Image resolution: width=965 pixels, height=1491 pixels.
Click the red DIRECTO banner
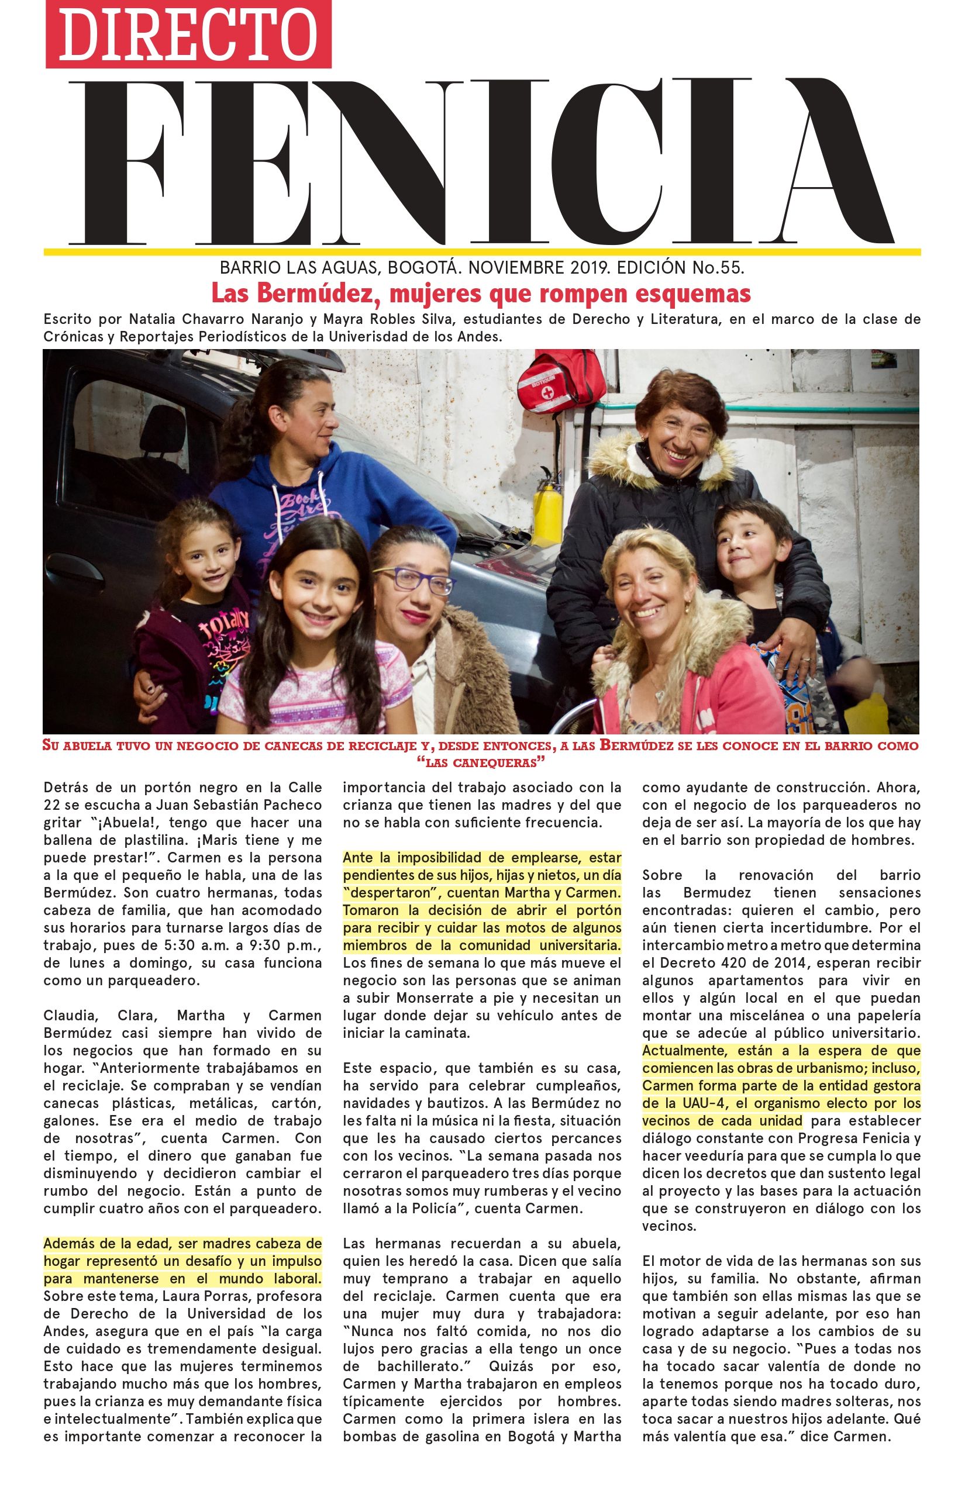(x=188, y=34)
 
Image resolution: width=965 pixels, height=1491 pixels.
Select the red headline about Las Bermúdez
(x=481, y=293)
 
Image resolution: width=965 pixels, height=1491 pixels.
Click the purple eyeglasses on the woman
(x=414, y=579)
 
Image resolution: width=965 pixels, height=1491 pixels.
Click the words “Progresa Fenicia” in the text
(x=843, y=1138)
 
